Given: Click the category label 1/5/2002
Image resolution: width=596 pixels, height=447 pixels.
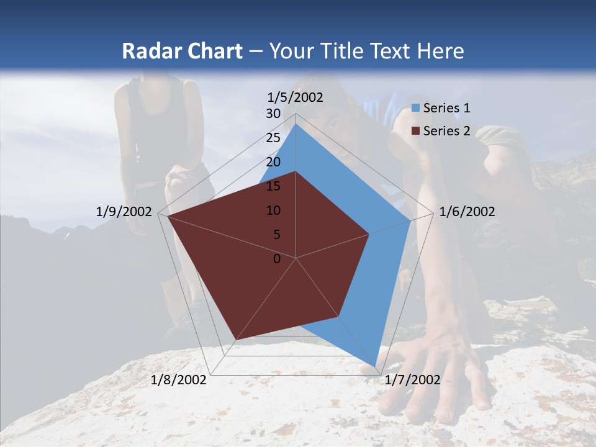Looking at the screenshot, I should coord(296,97).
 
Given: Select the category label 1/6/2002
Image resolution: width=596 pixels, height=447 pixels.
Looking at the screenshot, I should coord(467,212).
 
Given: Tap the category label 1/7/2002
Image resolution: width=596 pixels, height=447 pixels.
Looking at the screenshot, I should coord(412,380).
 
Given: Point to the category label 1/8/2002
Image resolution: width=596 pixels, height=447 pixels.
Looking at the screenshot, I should coord(179,380).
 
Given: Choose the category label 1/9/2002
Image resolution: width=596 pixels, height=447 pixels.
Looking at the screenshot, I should coord(124,212).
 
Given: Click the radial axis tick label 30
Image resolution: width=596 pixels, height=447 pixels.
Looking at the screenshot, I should coord(273,114).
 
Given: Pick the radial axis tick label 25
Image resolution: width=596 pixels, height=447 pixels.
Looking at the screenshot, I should coord(273,138).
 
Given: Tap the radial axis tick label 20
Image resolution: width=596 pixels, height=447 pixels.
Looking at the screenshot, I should coord(273,162).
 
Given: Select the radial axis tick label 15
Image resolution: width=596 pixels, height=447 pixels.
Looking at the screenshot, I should coord(273,186).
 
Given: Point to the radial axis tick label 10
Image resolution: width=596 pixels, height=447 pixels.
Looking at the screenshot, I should coord(273,210).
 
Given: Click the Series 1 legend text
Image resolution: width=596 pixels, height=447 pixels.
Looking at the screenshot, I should coord(446,108).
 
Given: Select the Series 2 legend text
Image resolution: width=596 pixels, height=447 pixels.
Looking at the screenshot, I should coord(446,131).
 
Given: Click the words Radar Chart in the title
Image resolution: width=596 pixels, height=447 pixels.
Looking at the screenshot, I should coord(182,51).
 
